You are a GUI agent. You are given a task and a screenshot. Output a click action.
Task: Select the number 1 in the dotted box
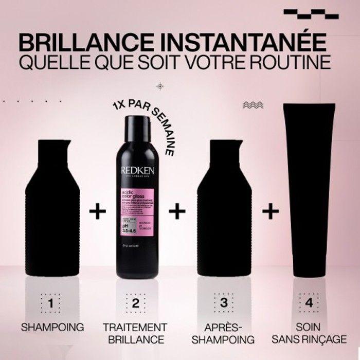tap(50, 303)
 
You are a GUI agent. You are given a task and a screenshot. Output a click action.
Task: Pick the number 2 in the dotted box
tap(136, 303)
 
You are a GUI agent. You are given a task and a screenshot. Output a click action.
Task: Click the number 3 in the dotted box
tap(223, 303)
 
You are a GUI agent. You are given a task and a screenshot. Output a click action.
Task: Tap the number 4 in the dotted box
tap(309, 303)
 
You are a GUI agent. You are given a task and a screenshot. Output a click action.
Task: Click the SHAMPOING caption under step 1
tap(51, 327)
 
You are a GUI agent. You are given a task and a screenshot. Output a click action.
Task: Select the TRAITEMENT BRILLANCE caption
tap(135, 333)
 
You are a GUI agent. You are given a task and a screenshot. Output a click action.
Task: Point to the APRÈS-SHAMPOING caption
tap(224, 333)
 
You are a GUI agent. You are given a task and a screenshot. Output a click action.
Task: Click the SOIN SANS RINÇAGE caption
tap(309, 333)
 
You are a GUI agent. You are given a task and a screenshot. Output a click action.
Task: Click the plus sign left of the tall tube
tap(271, 211)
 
